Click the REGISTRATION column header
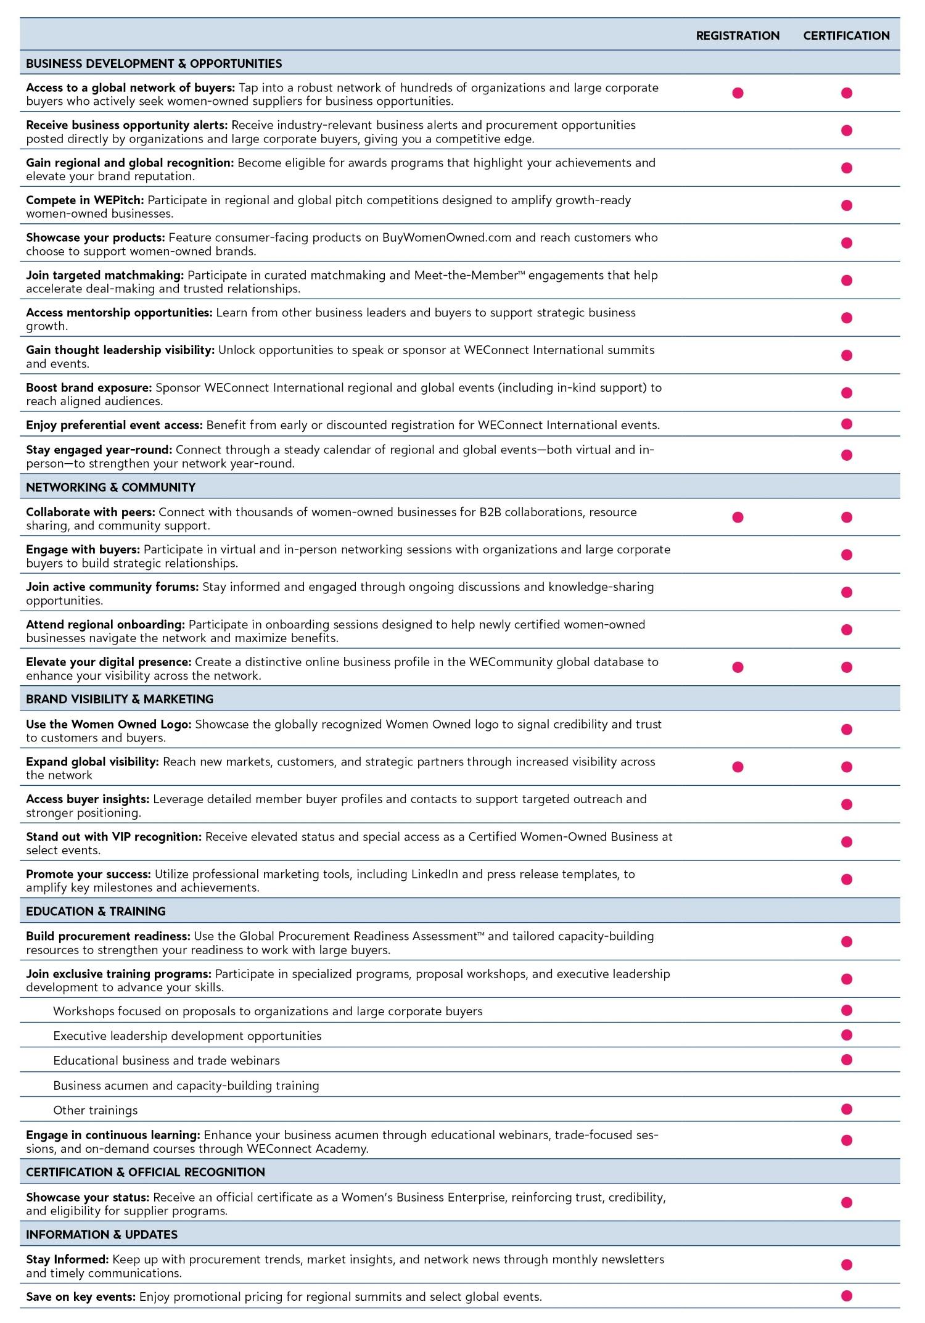(738, 36)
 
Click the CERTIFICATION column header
(846, 36)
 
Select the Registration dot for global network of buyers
(738, 93)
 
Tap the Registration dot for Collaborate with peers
(738, 517)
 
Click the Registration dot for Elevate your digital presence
(738, 667)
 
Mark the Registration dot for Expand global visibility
(738, 767)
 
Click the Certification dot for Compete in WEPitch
(847, 205)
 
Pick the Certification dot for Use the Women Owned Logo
(847, 730)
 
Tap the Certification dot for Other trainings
(847, 1110)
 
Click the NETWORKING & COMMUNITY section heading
(110, 487)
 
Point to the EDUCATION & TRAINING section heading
(96, 911)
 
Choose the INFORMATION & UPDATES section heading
(102, 1234)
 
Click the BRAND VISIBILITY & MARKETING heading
(120, 699)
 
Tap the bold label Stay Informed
(67, 1259)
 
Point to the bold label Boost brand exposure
(89, 387)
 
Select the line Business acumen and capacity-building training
(186, 1085)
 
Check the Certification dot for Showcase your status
(847, 1203)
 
